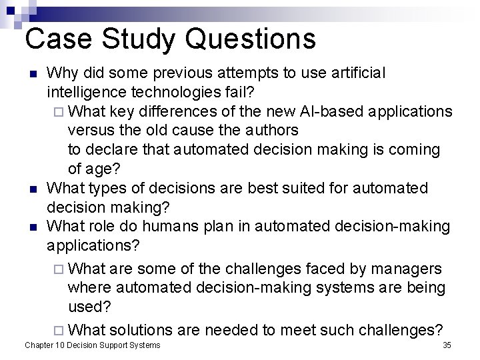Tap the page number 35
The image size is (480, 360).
447,345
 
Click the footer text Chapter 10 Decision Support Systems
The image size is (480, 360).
92,345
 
